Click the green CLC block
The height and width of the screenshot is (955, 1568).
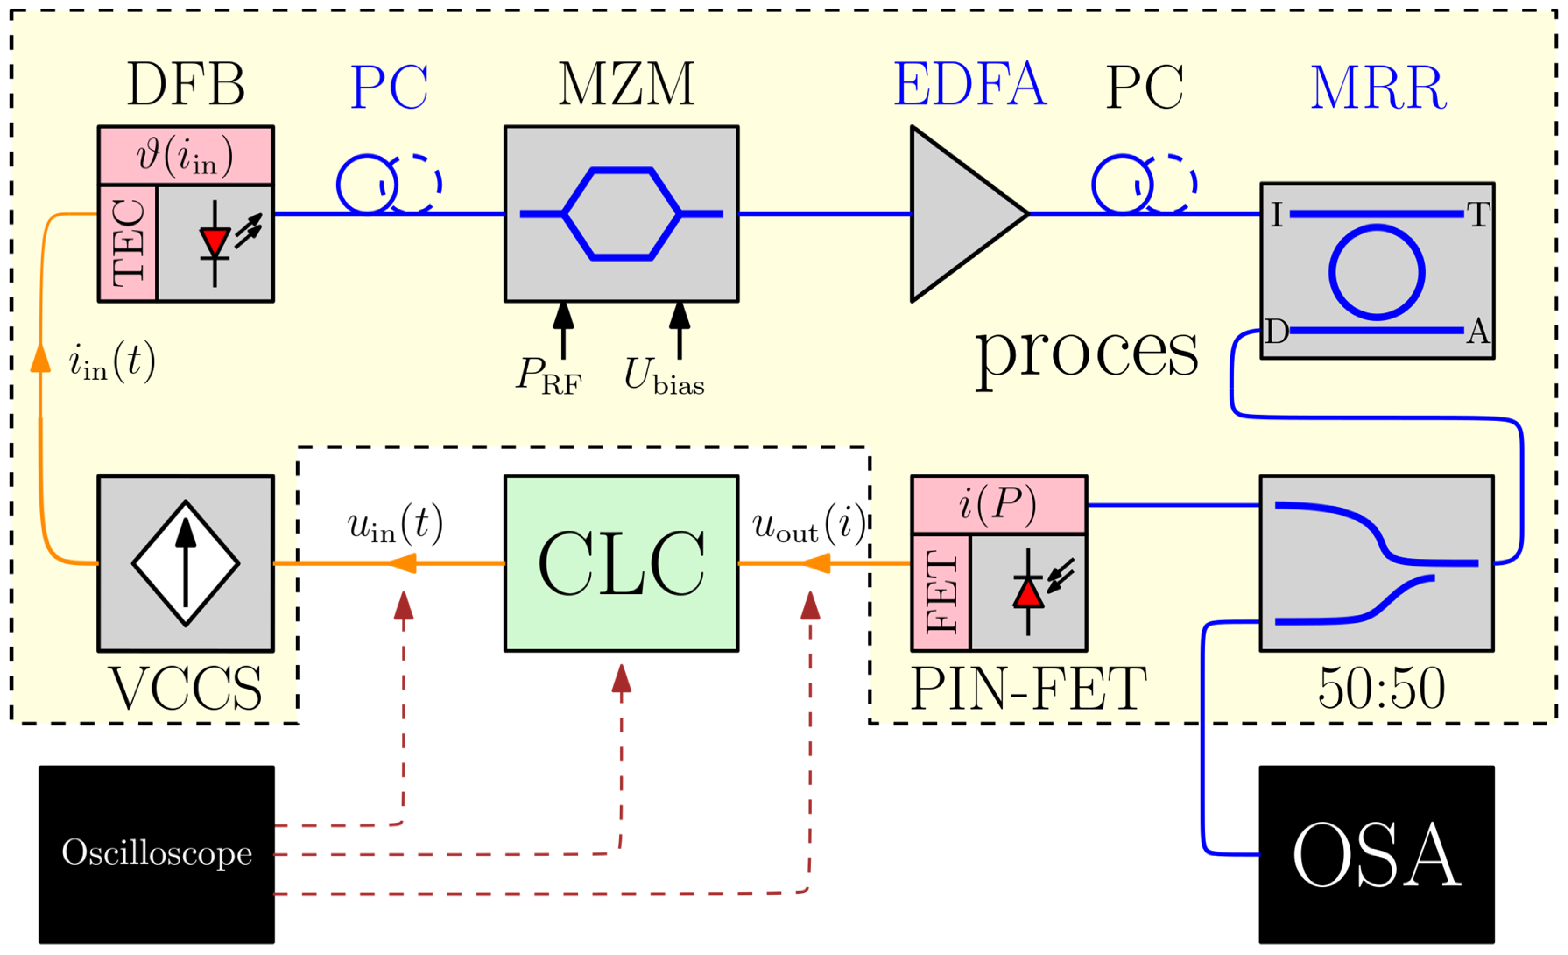[621, 563]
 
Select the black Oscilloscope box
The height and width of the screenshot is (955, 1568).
[157, 854]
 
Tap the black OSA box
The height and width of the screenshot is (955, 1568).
[1377, 854]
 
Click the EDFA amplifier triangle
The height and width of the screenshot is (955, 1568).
[955, 214]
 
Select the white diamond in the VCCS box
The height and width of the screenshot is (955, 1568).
[185, 563]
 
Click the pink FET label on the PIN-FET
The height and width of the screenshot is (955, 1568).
[941, 592]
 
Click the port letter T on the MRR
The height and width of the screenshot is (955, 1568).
[1478, 215]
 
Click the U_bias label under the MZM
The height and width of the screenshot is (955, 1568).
[663, 375]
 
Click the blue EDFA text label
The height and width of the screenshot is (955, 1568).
[970, 85]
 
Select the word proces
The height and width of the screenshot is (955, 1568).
[1086, 354]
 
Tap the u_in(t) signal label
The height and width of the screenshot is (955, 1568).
[395, 525]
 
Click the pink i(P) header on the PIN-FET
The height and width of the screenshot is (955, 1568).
[998, 505]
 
